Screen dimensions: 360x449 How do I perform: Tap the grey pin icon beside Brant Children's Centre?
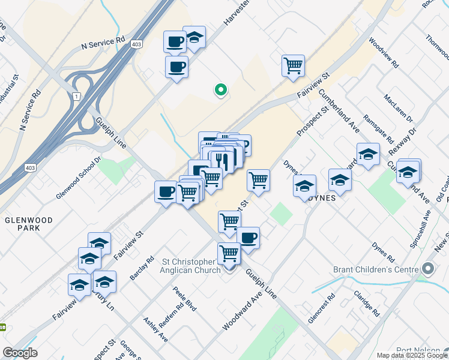(428, 268)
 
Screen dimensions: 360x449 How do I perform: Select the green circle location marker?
(220, 91)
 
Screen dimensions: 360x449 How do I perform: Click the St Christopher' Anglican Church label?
(197, 266)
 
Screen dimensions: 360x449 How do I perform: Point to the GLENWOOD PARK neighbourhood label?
(29, 223)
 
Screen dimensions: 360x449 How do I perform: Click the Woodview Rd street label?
(384, 53)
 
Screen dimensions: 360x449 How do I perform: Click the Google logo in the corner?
(20, 353)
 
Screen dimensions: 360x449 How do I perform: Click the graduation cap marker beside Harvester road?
(194, 37)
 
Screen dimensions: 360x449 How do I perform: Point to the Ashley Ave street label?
(155, 329)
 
